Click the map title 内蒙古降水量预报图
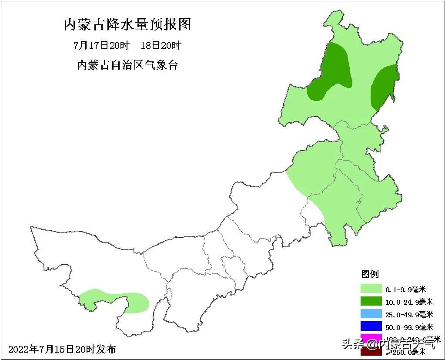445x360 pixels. pyautogui.click(x=127, y=24)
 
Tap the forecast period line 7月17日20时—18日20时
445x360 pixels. pyautogui.click(x=127, y=45)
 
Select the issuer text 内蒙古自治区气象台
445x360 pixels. pyautogui.click(x=127, y=65)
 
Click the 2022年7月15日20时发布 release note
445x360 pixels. pyautogui.click(x=62, y=349)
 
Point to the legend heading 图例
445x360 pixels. pyautogui.click(x=370, y=274)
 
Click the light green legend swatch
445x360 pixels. pyautogui.click(x=370, y=289)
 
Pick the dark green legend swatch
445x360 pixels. pyautogui.click(x=370, y=301)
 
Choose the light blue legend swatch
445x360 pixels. pyautogui.click(x=370, y=314)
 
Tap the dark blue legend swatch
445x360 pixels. pyautogui.click(x=370, y=326)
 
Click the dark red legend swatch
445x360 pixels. pyautogui.click(x=370, y=351)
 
